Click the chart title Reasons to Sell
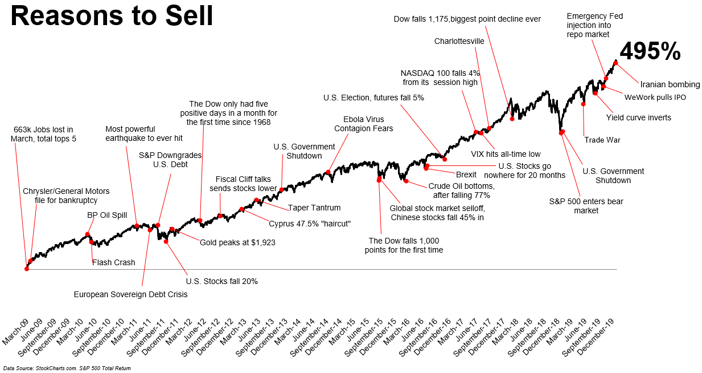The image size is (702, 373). click(x=112, y=17)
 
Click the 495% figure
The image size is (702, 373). click(x=650, y=52)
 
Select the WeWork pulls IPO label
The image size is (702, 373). click(x=655, y=98)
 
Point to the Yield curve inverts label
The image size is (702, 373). click(x=638, y=117)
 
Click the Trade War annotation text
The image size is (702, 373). click(x=602, y=140)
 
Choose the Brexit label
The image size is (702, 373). click(x=466, y=175)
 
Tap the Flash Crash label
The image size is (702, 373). click(x=114, y=262)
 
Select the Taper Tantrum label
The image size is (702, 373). click(x=314, y=208)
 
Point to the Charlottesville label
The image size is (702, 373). click(x=459, y=41)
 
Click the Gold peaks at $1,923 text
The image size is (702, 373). click(x=237, y=242)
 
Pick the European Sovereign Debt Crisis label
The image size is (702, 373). click(x=130, y=294)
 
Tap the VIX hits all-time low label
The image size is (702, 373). click(x=506, y=154)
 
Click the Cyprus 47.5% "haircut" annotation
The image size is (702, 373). click(x=310, y=224)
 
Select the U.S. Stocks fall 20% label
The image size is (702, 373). click(x=222, y=281)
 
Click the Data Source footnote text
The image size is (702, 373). click(x=67, y=368)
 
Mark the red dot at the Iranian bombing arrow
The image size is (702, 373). click(x=615, y=62)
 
